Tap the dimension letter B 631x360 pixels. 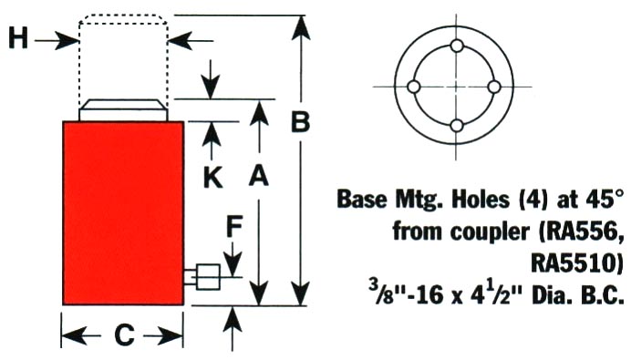(301, 121)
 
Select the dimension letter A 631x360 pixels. (258, 176)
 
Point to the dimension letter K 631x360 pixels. (212, 178)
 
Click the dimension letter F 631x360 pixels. (234, 226)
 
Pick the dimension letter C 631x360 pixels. (124, 334)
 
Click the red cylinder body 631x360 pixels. (123, 213)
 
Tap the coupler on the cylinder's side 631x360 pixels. (202, 277)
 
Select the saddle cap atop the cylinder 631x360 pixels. (123, 109)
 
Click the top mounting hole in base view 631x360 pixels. (457, 46)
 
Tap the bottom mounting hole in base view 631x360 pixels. (457, 126)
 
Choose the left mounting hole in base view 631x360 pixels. (414, 87)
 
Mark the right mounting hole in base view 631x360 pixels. (494, 87)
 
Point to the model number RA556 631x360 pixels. (584, 232)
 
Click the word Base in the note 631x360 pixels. (362, 199)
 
